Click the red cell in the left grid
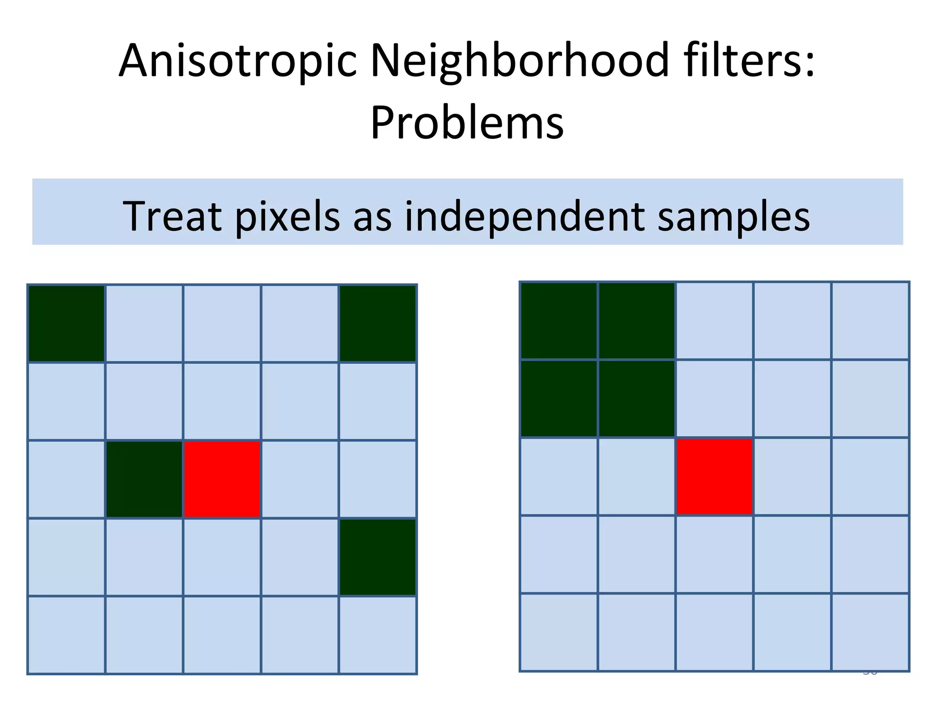(222, 479)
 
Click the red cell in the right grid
(714, 476)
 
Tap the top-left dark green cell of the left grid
(67, 324)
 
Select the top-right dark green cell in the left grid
(378, 324)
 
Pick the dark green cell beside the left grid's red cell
(144, 479)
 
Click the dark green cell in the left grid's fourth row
(378, 557)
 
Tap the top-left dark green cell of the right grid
(559, 321)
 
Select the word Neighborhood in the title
(520, 62)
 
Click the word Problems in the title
(467, 123)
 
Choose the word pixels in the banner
(287, 217)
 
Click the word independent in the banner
(524, 217)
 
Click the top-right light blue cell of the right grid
(870, 321)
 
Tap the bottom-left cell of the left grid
(67, 635)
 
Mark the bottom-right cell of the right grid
(870, 632)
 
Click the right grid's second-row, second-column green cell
(637, 398)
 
